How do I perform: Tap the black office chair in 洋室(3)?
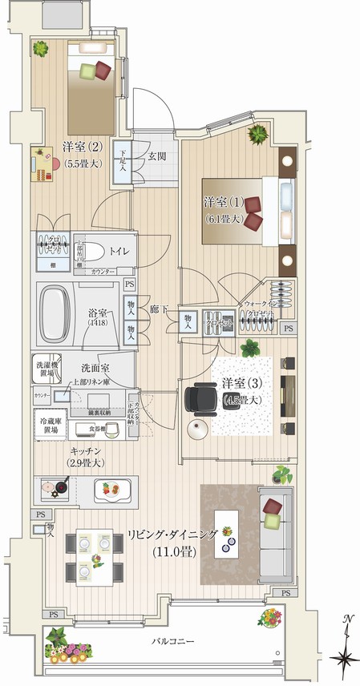[x=196, y=397]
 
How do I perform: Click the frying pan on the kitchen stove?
[x=58, y=486]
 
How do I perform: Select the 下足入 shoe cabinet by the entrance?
[x=123, y=164]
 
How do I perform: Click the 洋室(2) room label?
[x=82, y=147]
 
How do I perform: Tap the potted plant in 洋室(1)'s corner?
[x=259, y=133]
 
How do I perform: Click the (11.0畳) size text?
[x=177, y=552]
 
